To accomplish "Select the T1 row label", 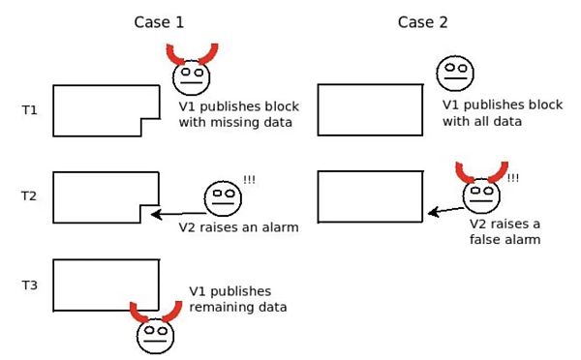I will (29, 110).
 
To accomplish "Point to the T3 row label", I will (29, 285).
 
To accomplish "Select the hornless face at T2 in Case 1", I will (222, 197).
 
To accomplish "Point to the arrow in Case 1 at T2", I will (173, 213).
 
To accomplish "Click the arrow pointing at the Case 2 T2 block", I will (446, 208).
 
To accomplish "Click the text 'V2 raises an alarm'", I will (237, 228).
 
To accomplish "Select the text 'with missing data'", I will (235, 123).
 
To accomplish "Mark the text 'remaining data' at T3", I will (238, 307).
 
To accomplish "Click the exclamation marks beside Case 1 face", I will (250, 180).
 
